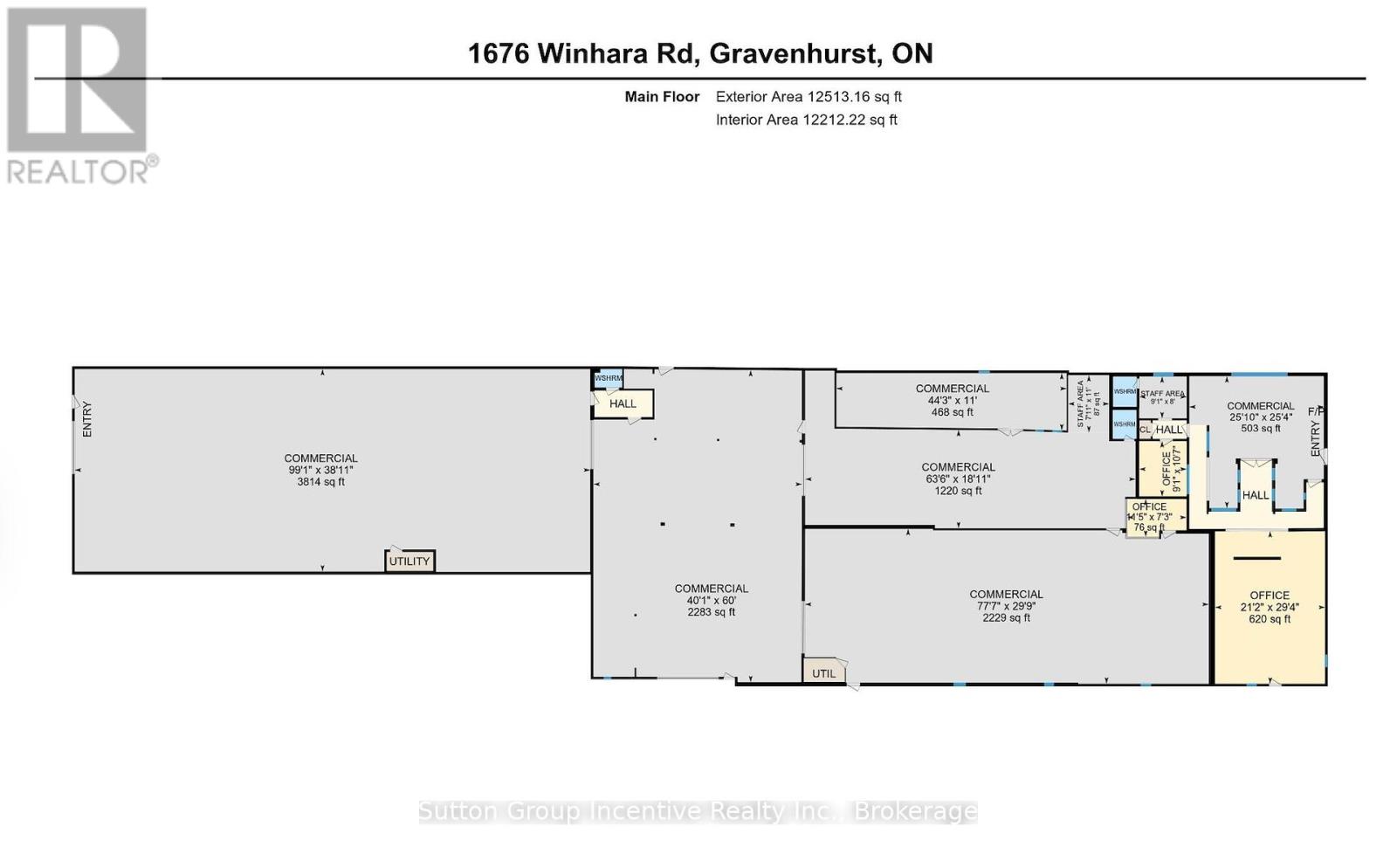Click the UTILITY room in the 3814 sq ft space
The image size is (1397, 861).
tap(409, 561)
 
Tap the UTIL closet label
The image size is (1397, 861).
tap(823, 673)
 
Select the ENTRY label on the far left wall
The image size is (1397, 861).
tap(87, 419)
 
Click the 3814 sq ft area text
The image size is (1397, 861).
tap(320, 482)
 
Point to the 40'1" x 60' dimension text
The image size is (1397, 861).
tap(711, 601)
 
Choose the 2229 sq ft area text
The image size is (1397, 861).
tap(1006, 618)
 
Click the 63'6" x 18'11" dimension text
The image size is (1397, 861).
tap(958, 479)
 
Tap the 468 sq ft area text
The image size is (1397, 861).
tap(952, 412)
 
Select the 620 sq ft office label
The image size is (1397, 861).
tap(1269, 619)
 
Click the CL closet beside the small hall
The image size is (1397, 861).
tap(1145, 430)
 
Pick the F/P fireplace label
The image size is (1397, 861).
tap(1315, 411)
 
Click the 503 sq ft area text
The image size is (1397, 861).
tap(1260, 429)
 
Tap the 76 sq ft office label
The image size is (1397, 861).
tap(1148, 527)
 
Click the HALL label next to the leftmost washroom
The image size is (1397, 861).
tap(623, 403)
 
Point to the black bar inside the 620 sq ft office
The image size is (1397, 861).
tap(1256, 558)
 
